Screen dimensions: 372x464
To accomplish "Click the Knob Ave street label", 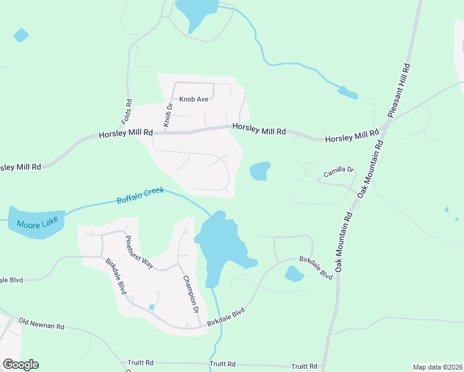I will point(194,99).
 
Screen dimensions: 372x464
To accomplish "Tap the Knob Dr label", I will point(167,115).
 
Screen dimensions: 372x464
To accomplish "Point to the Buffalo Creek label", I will point(140,195).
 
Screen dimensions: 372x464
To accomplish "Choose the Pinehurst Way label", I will point(138,251).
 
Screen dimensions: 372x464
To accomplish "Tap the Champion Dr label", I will point(190,294).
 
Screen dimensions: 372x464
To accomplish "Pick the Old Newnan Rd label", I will point(42,322).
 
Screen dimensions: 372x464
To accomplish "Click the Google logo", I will point(20,365).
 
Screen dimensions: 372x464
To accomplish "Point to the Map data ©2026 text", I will point(437,367).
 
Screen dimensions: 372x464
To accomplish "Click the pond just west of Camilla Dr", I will point(260,171).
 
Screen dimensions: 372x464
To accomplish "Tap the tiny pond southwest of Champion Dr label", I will point(151,307).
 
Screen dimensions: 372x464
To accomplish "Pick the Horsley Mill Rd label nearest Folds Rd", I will point(126,133).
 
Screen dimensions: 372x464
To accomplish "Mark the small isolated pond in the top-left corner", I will point(20,35).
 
